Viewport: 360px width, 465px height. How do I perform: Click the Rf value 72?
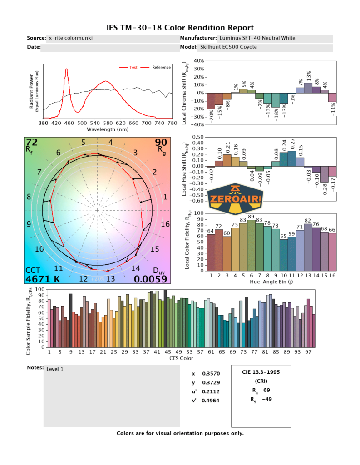(31, 143)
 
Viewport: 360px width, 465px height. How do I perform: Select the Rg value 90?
(161, 143)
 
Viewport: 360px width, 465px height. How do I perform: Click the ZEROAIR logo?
(237, 199)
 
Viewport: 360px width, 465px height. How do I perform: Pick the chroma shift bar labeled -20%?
(211, 101)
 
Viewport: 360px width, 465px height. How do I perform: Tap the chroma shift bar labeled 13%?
(308, 88)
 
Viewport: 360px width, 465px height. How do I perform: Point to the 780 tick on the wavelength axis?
(172, 123)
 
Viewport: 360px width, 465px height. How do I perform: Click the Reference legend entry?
(161, 67)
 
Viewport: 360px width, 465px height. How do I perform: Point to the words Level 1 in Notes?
(55, 369)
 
